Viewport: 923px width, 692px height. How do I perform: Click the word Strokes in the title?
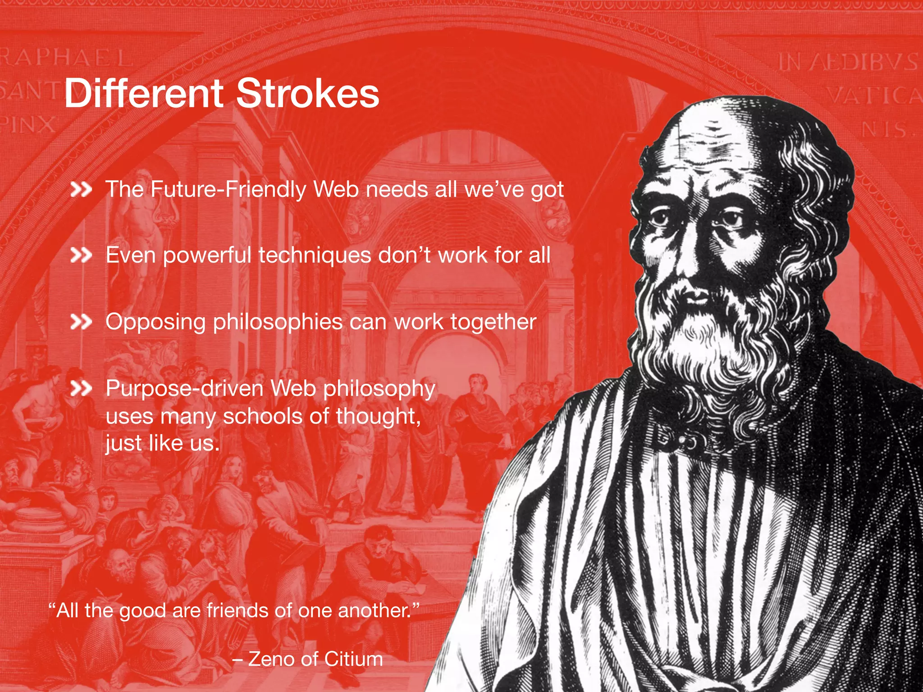point(307,93)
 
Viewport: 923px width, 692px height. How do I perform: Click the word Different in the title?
point(143,93)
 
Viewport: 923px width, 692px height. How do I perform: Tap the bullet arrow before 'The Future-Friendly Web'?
point(81,190)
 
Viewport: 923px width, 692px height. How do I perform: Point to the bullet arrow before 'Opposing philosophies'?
point(81,322)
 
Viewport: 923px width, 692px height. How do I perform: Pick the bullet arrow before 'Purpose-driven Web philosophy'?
point(81,388)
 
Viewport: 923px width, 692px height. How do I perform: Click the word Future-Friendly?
point(228,189)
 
